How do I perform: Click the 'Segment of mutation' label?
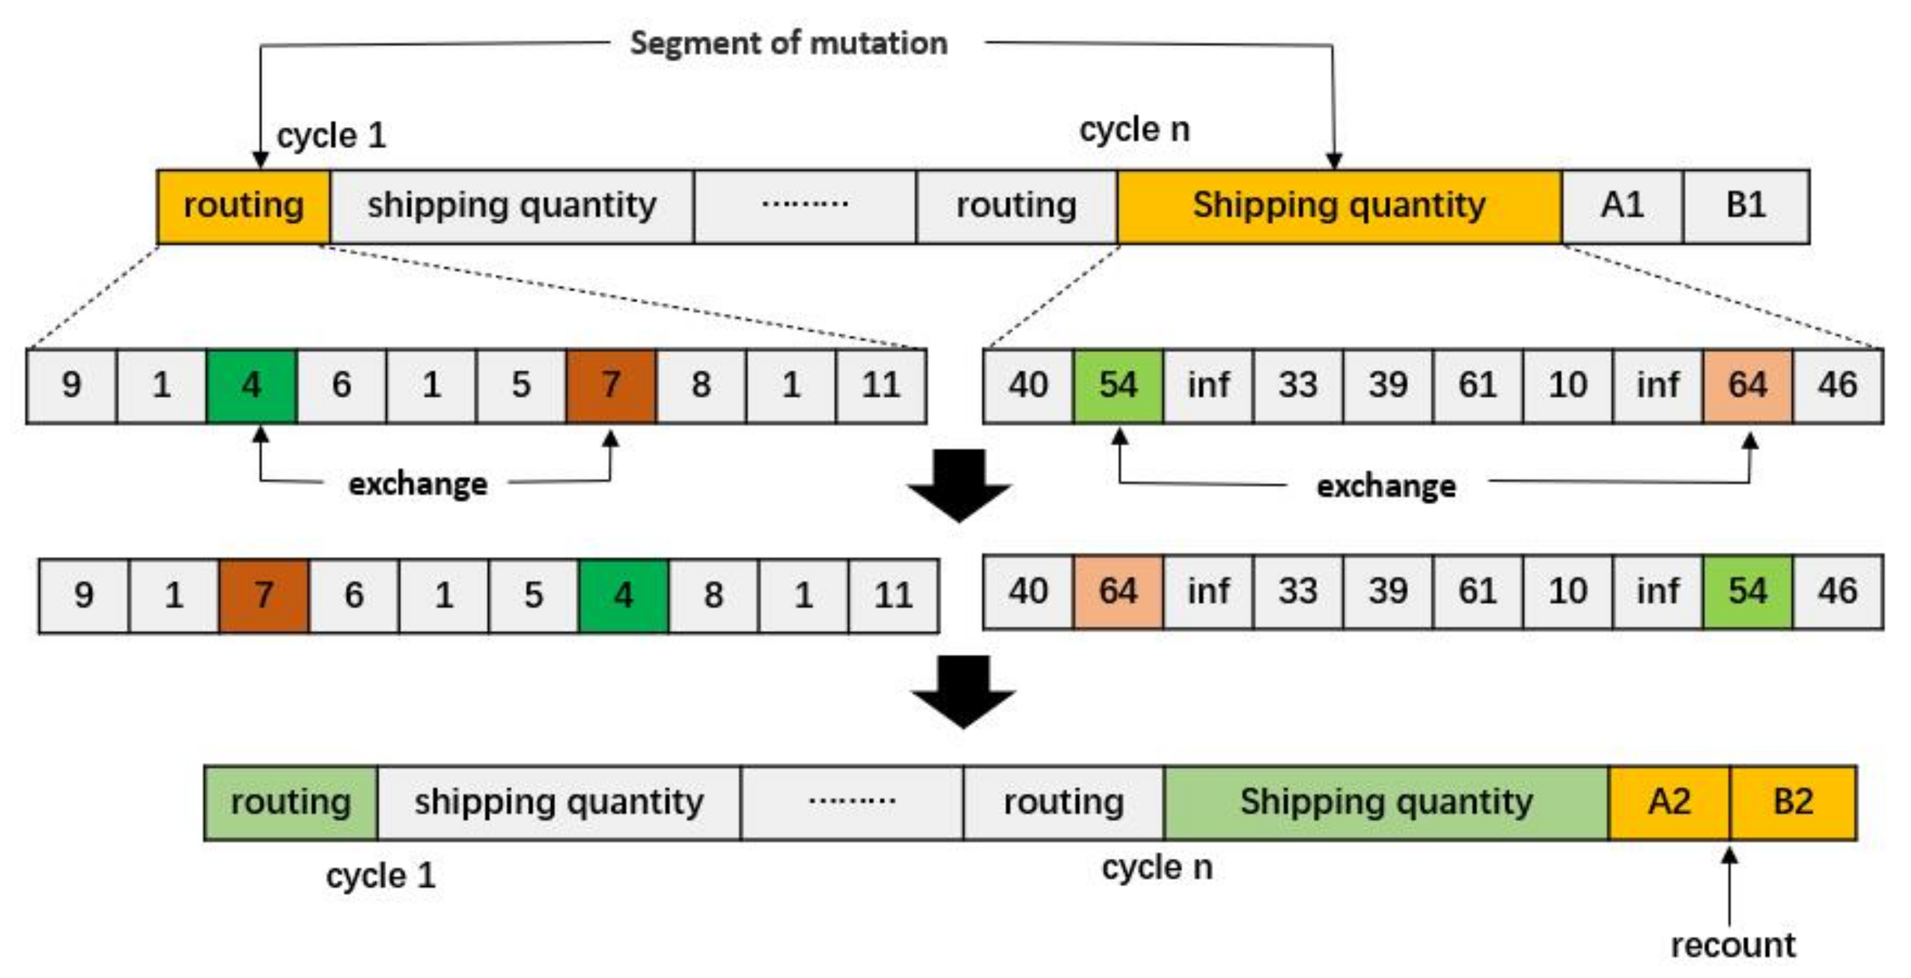click(x=788, y=43)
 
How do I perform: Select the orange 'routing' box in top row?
click(x=243, y=205)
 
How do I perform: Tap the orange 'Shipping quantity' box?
click(x=1339, y=205)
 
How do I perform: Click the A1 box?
click(x=1622, y=205)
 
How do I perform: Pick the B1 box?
click(x=1745, y=205)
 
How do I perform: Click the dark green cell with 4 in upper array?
click(x=251, y=385)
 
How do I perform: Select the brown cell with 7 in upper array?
click(x=611, y=385)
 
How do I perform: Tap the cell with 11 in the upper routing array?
click(x=881, y=385)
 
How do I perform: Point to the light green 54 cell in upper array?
click(x=1118, y=385)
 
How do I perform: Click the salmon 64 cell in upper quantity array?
click(x=1748, y=385)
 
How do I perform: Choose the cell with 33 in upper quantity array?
click(x=1298, y=385)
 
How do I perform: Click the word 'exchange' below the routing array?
click(x=418, y=485)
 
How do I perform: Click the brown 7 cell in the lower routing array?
click(x=264, y=595)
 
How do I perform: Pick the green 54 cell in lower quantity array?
click(x=1748, y=592)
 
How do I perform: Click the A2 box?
click(x=1669, y=802)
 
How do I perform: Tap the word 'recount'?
click(x=1733, y=945)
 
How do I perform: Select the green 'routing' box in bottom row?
click(x=291, y=802)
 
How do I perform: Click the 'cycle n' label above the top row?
click(x=1134, y=130)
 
